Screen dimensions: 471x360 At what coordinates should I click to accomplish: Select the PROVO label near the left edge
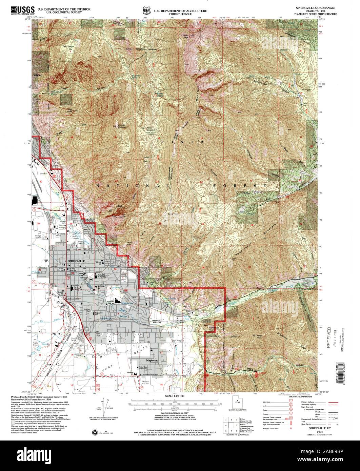point(38,75)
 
